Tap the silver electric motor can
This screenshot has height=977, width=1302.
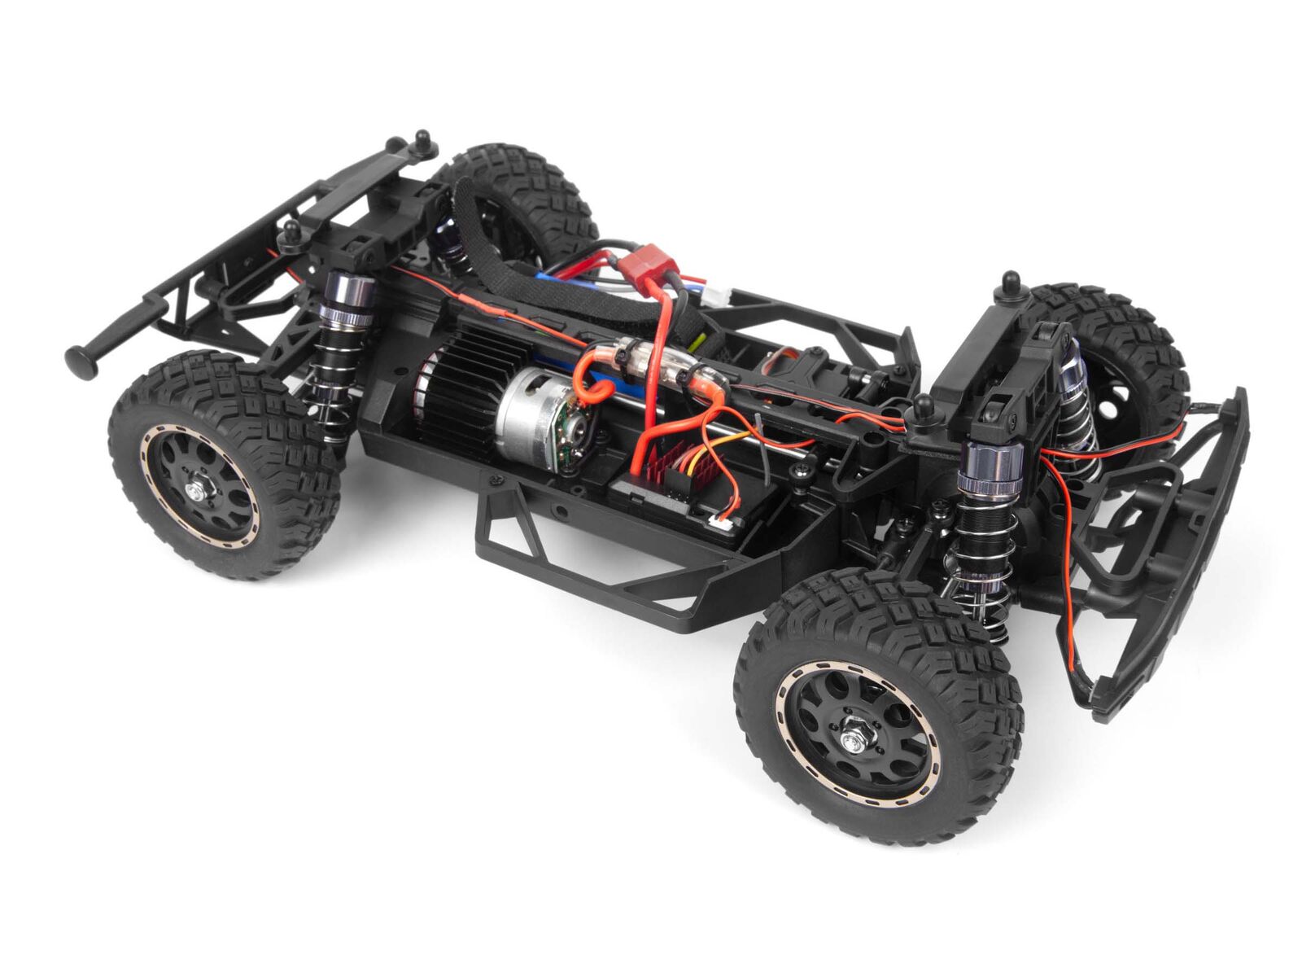pyautogui.click(x=533, y=414)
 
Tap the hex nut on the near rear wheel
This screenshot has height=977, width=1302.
pyautogui.click(x=199, y=491)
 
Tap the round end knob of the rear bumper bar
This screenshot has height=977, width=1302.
pyautogui.click(x=79, y=360)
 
